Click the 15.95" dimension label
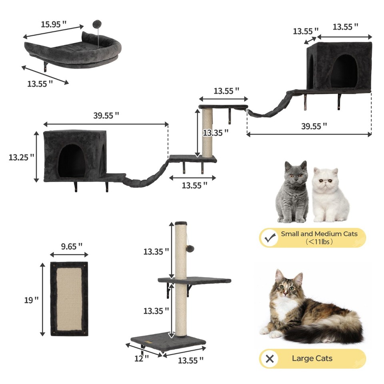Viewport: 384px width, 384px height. pos(54,24)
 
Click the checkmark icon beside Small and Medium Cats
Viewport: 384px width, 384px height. pos(270,238)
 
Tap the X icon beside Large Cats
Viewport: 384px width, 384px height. pos(270,358)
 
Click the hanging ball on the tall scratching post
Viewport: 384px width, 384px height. pos(190,248)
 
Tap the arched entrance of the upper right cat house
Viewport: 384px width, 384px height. pos(344,71)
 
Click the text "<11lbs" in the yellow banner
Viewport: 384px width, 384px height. pos(318,242)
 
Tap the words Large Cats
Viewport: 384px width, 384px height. pos(312,358)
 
